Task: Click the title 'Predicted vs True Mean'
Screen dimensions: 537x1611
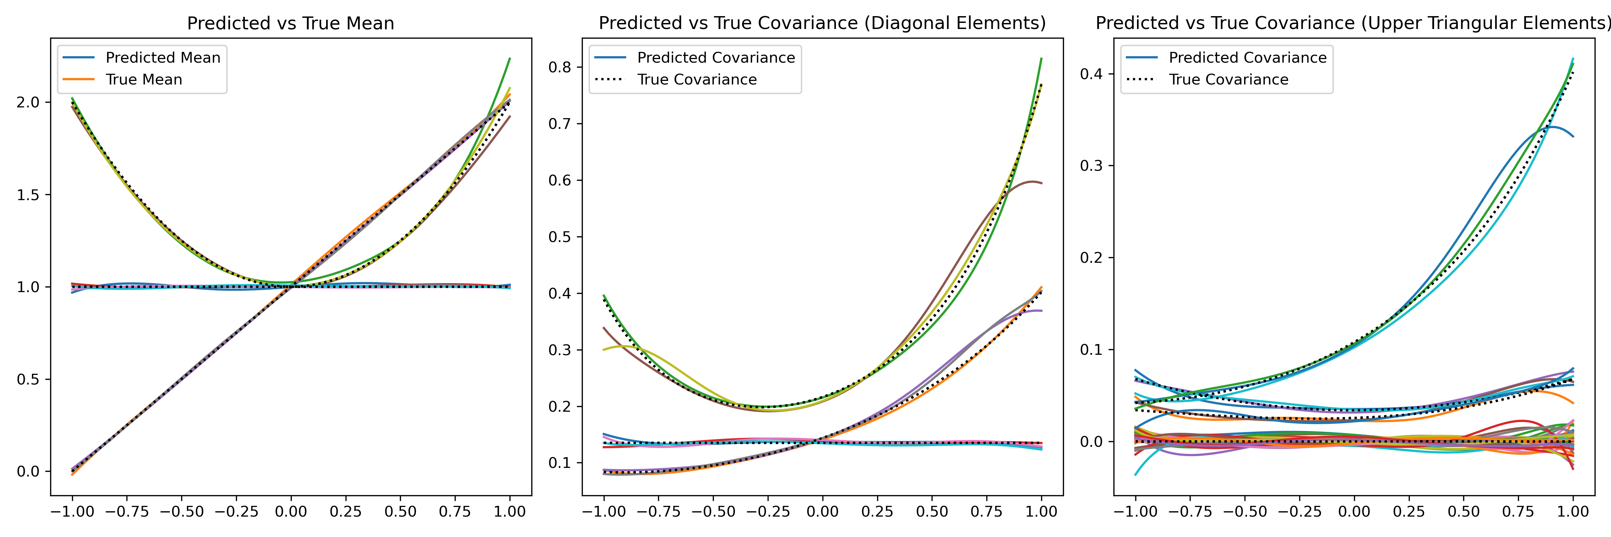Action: click(290, 23)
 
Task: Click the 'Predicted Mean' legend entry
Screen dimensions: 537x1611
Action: click(163, 58)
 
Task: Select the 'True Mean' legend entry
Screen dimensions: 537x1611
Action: click(144, 79)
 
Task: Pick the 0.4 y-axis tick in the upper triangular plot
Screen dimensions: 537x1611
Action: click(1091, 74)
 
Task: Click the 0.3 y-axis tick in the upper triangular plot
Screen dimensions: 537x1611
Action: click(1091, 166)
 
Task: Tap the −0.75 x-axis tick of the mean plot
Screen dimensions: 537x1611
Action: click(127, 511)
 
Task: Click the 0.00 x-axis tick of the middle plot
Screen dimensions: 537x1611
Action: click(822, 511)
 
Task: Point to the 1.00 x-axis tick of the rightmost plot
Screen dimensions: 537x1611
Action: click(1572, 511)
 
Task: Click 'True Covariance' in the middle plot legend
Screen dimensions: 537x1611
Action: click(697, 79)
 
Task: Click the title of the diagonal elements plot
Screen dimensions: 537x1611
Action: click(822, 23)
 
